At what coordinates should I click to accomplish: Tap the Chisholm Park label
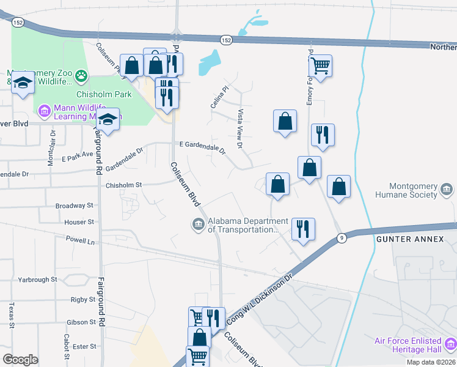tap(95, 95)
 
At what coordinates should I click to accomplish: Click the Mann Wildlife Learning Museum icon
tap(43, 111)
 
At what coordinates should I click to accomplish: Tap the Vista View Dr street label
tap(240, 129)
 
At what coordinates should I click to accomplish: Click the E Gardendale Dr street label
tap(202, 147)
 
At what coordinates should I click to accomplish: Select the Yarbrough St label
tap(37, 279)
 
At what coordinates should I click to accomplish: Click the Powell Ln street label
tap(81, 241)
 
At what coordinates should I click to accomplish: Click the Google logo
tap(20, 359)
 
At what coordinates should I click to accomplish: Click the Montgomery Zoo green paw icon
tap(81, 76)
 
